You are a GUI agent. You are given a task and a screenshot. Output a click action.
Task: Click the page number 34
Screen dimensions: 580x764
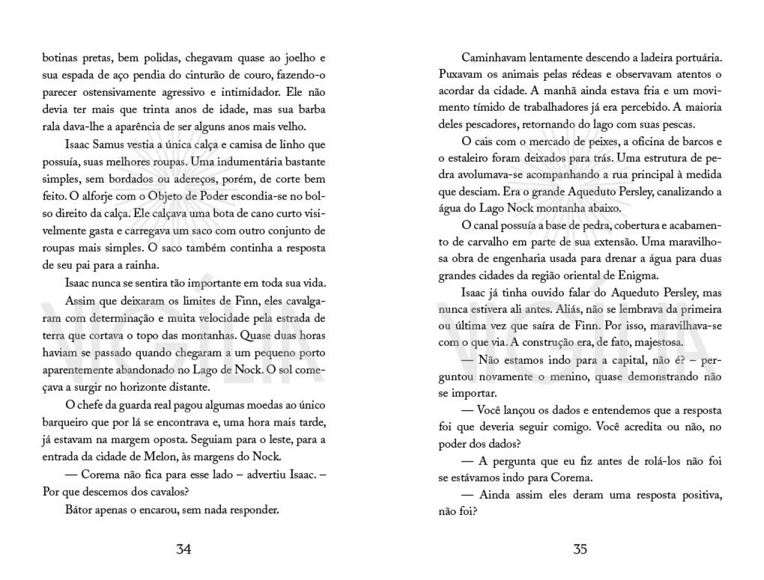(x=184, y=549)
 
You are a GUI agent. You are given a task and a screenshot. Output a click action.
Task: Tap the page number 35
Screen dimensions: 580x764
(x=580, y=549)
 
